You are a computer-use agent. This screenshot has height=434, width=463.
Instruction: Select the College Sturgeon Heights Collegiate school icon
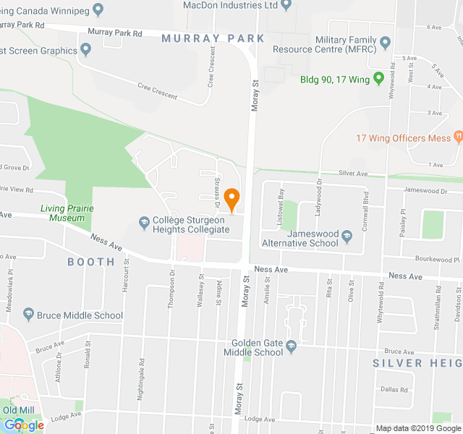144,220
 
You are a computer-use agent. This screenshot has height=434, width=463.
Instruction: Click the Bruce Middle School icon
29,315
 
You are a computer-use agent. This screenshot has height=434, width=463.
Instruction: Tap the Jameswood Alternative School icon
347,234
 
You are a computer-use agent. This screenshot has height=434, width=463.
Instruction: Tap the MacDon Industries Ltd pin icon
286,5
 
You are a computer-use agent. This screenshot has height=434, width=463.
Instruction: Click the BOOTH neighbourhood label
91,262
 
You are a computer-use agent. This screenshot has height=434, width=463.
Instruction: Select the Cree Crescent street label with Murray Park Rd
158,92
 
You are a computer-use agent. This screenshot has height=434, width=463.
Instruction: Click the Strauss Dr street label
216,190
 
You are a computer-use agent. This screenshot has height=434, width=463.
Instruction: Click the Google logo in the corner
23,425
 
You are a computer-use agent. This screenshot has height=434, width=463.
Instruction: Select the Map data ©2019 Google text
417,428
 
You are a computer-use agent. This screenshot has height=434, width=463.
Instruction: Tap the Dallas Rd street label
394,389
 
